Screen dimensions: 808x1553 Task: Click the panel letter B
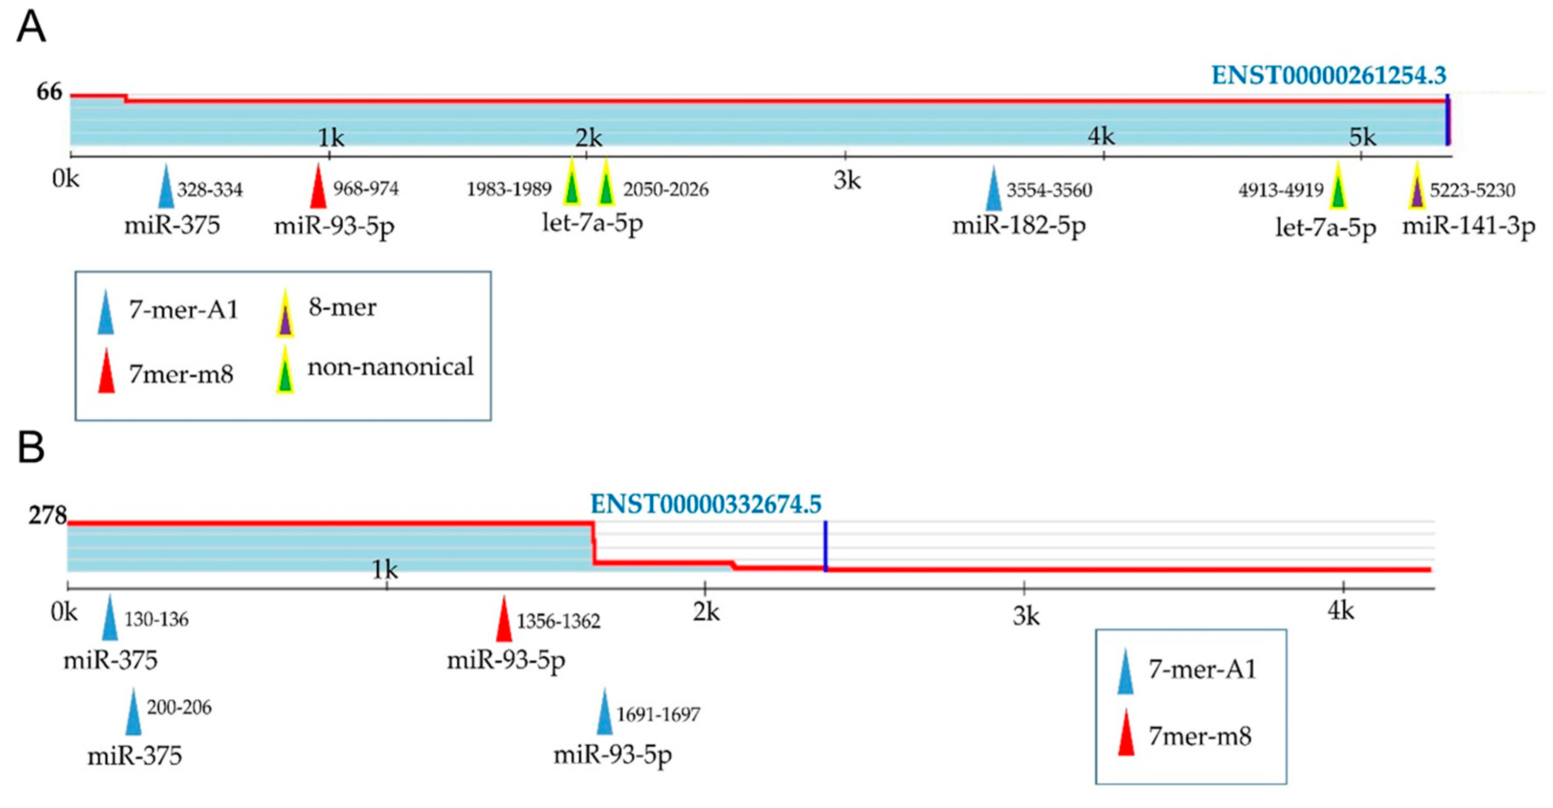[x=31, y=447]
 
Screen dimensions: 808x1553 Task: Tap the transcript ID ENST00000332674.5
[x=705, y=504]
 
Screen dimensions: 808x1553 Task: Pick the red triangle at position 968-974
[x=318, y=188]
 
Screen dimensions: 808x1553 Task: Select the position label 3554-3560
[x=1049, y=191]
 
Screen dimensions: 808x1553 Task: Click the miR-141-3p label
[x=1468, y=227]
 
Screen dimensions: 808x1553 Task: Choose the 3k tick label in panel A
[x=847, y=180]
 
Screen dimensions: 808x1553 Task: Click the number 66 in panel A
[x=49, y=92]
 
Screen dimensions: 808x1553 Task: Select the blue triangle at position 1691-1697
[x=605, y=714]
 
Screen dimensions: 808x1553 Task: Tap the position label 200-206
[x=179, y=707]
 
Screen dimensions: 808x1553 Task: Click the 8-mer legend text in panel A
[x=342, y=307]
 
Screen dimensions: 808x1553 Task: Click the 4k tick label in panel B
[x=1341, y=611]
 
